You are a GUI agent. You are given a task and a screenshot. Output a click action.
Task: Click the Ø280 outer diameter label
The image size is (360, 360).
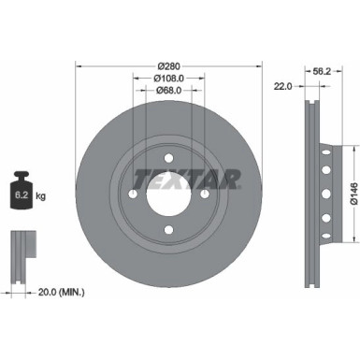tap(168, 65)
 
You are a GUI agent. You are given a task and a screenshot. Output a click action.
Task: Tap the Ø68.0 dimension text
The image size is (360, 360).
tap(168, 90)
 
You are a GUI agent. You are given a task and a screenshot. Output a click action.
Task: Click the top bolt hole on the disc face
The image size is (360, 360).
tap(168, 158)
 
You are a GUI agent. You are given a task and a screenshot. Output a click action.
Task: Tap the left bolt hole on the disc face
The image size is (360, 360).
tap(133, 194)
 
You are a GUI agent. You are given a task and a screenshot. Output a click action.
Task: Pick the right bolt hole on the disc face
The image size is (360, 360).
tap(204, 194)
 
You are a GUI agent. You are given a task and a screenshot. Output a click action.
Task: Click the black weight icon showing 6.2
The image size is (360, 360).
tap(24, 194)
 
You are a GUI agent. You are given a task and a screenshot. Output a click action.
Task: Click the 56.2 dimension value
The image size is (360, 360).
tap(321, 70)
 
